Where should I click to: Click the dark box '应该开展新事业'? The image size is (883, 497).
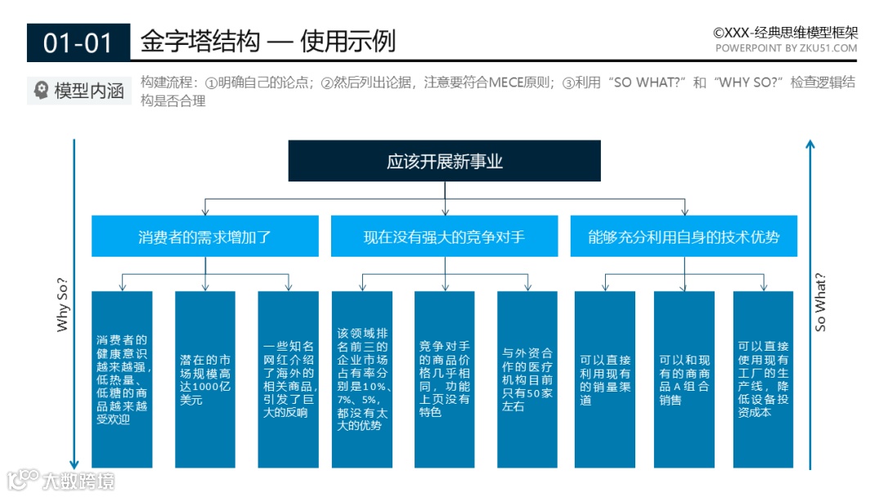pos(444,161)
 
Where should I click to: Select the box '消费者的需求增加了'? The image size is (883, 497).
pos(204,237)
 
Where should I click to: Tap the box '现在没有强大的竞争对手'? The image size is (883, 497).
pos(444,237)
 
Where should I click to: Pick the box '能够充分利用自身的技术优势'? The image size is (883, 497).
pos(684,237)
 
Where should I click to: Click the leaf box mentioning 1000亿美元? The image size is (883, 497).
pos(205,379)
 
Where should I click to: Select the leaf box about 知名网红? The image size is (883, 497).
pos(288,379)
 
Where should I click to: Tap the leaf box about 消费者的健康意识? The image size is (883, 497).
pos(122,379)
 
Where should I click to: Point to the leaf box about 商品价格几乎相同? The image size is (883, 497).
pos(444,379)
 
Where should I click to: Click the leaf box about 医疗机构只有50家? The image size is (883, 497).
pos(527,379)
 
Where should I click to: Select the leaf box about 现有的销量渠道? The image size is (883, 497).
pos(604,379)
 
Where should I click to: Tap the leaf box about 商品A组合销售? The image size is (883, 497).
pos(684,379)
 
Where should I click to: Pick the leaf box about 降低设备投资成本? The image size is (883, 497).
pos(763,379)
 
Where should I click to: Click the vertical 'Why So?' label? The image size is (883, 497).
pos(63,305)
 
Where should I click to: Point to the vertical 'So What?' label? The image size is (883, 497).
pos(821,302)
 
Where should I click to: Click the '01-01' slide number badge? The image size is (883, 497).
pos(78,43)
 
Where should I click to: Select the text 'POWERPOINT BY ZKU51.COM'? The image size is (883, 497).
pos(786,48)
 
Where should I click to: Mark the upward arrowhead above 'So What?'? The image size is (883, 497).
pos(809,145)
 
